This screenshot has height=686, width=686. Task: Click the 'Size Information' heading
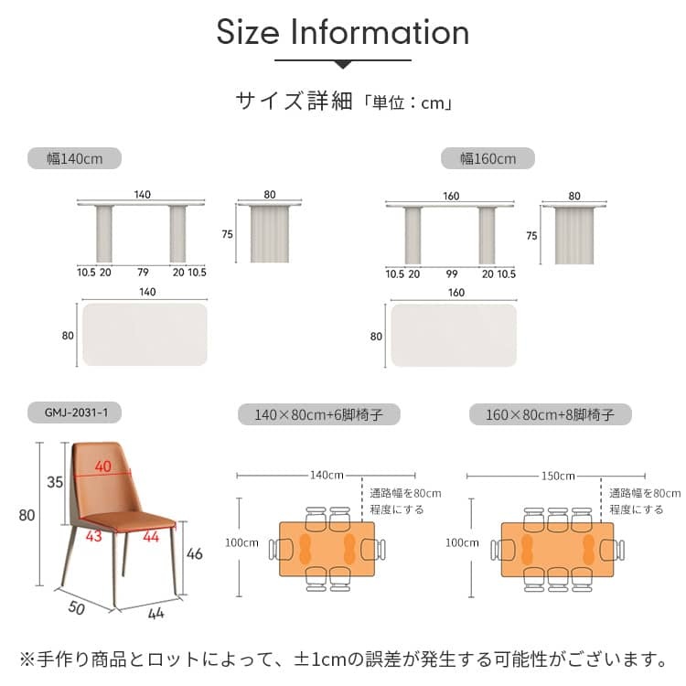[x=343, y=32]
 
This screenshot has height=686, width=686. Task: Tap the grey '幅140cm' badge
[x=74, y=158]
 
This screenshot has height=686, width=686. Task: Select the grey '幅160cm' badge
[x=488, y=158]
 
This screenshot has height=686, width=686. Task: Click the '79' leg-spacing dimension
[x=143, y=273]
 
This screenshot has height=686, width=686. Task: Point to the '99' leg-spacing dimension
[x=452, y=273]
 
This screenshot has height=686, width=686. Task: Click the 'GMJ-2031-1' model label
[x=74, y=413]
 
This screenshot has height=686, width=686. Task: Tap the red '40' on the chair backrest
[x=103, y=466]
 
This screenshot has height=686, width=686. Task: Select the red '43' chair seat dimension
[x=94, y=536]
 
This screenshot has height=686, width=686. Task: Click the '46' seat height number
[x=194, y=554]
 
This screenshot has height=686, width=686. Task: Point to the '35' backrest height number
[x=55, y=482]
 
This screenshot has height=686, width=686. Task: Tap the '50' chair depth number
[x=77, y=607]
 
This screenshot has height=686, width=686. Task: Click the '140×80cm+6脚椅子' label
[x=319, y=414]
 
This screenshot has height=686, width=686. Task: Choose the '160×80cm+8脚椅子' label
[x=551, y=414]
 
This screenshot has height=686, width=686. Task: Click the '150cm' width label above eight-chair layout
[x=558, y=476]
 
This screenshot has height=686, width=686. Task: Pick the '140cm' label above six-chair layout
[x=327, y=475]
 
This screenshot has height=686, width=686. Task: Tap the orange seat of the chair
[x=130, y=521]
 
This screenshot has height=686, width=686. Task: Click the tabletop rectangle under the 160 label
[x=454, y=336]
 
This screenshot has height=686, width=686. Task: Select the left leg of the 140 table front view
[x=104, y=233]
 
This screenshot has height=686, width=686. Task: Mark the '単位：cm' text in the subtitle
[x=408, y=103]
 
